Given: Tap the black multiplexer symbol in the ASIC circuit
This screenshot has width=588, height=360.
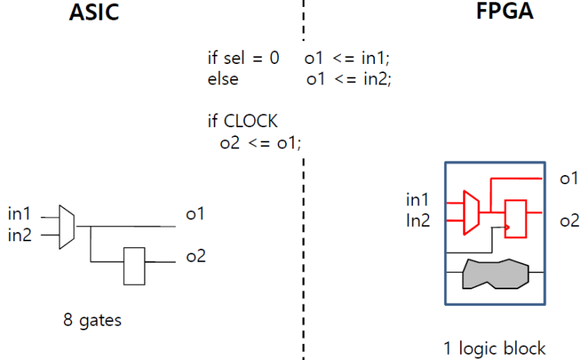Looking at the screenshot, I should (67, 225).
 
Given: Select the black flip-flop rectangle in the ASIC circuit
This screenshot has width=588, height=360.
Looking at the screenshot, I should (135, 266).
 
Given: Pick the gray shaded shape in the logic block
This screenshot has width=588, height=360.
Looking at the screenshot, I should (495, 273).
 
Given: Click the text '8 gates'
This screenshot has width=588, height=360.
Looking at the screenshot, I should (92, 320).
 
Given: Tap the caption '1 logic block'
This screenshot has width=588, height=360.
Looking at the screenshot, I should (495, 348).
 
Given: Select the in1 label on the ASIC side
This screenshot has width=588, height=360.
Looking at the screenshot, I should (21, 215).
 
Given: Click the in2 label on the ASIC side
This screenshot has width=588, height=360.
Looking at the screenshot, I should (21, 234).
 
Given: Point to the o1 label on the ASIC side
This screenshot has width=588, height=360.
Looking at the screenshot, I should (195, 215).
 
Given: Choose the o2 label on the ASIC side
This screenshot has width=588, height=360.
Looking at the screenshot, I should (195, 256).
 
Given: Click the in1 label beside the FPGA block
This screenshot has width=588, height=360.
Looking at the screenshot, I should (418, 200).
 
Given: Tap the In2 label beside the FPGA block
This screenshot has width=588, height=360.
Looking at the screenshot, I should (418, 220).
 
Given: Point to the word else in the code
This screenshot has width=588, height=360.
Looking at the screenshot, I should (222, 78).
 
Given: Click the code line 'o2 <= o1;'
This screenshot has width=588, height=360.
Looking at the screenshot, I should (259, 142).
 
